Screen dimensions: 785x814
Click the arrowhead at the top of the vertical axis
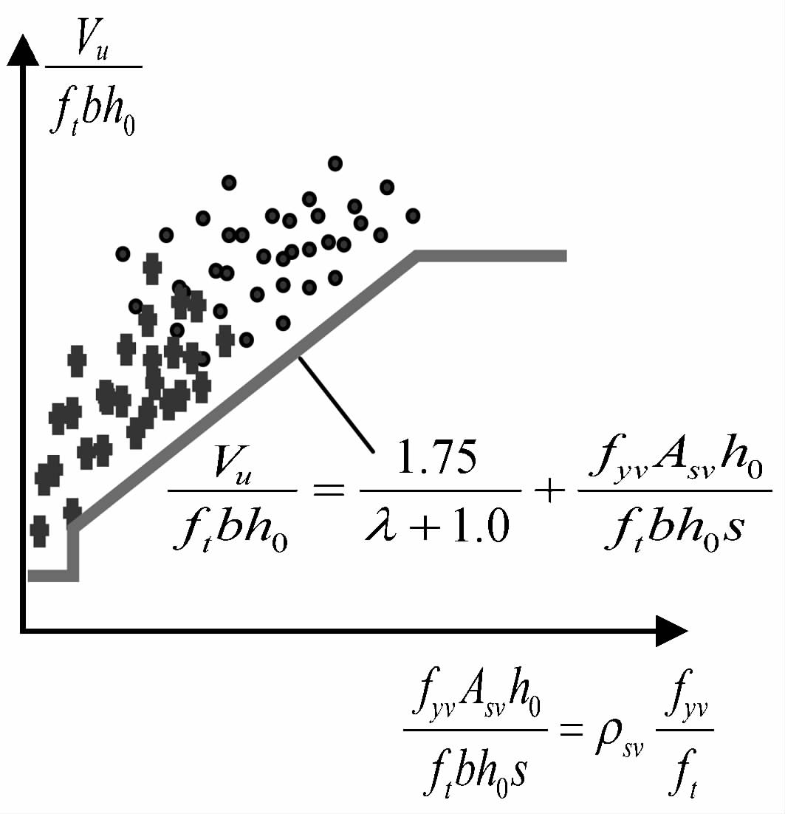pyautogui.click(x=22, y=50)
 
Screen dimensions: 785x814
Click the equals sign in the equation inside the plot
pyautogui.click(x=329, y=490)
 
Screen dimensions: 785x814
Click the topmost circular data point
pyautogui.click(x=335, y=163)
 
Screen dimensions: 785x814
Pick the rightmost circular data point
pyautogui.click(x=413, y=216)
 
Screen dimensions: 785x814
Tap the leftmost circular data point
pyautogui.click(x=123, y=254)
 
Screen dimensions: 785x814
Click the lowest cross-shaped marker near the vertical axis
pyautogui.click(x=39, y=531)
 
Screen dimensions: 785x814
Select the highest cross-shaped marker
pyautogui.click(x=152, y=268)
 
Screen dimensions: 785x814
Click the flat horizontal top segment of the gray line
pyautogui.click(x=491, y=256)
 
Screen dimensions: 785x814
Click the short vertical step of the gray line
pyautogui.click(x=73, y=553)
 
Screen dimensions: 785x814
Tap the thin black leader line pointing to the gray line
pyautogui.click(x=336, y=404)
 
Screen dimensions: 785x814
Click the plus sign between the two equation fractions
pyautogui.click(x=549, y=490)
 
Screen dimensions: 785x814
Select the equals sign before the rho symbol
pyautogui.click(x=572, y=729)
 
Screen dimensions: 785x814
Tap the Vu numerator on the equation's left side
pyautogui.click(x=232, y=464)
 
